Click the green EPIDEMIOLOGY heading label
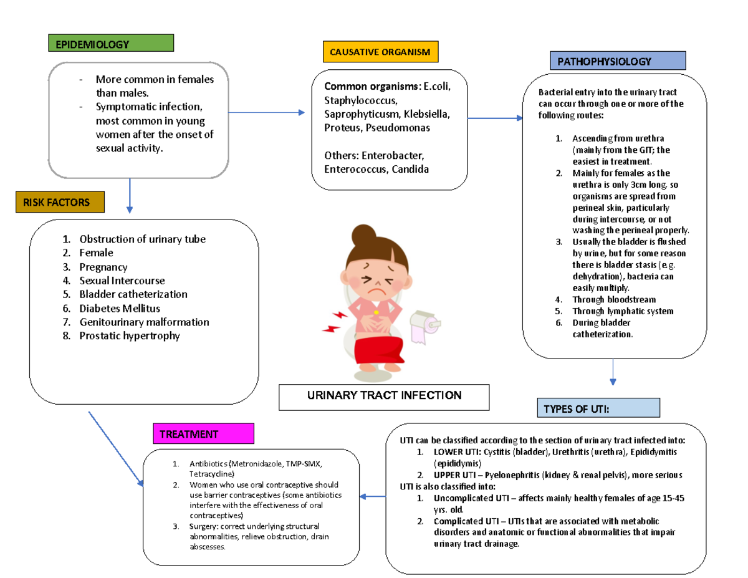110,44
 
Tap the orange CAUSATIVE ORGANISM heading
380,52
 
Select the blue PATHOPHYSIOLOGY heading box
617,61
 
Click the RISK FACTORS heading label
60,202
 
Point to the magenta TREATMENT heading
203,434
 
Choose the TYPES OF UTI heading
597,409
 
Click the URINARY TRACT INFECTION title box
384,396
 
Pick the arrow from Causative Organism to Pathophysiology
496,118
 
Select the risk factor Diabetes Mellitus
120,309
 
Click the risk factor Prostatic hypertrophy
130,336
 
